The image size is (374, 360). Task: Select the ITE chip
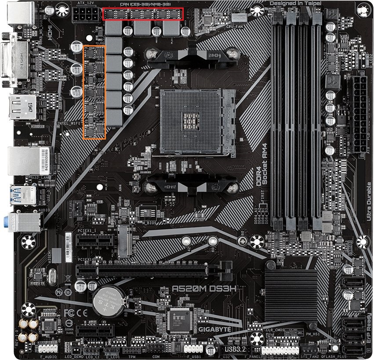[180, 319]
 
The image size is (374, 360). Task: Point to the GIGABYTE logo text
[214, 328]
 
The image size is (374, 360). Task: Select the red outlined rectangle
[143, 14]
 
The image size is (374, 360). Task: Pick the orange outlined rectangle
[94, 92]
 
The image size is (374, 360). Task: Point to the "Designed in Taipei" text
[295, 4]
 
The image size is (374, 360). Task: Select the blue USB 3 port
[22, 194]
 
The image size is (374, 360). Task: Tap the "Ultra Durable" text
[368, 202]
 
